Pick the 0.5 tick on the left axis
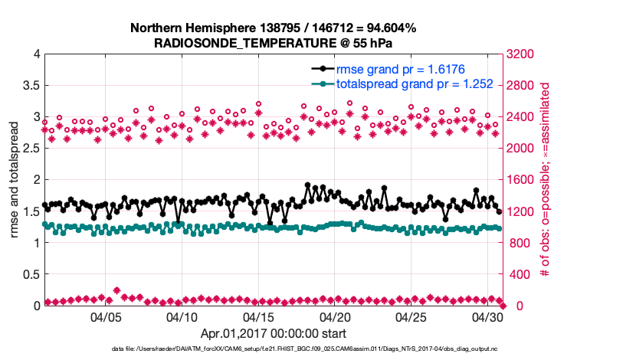tap(31, 274)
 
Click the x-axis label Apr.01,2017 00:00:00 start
tap(274, 333)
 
